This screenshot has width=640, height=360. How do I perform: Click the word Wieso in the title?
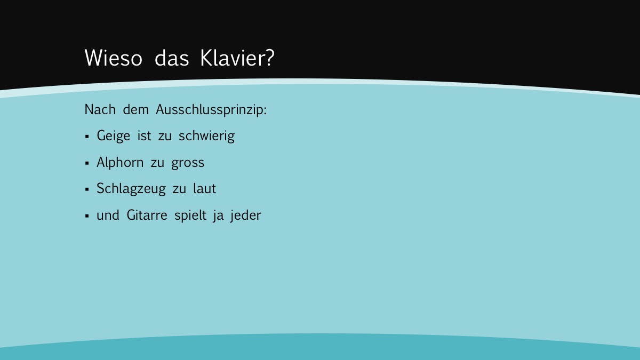(114, 58)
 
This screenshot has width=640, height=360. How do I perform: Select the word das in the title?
(172, 58)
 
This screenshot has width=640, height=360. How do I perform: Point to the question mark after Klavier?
(270, 58)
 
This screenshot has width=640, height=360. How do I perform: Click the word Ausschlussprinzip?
(211, 110)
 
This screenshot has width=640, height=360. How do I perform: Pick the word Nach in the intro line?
(100, 109)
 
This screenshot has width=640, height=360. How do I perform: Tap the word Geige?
(114, 136)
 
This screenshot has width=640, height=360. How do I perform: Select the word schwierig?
(206, 136)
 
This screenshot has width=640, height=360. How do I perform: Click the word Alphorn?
(120, 163)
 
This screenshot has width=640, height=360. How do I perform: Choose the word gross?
(188, 163)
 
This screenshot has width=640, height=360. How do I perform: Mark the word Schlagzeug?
(131, 189)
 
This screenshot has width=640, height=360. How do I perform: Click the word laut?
(205, 189)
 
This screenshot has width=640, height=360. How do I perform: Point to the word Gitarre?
(147, 215)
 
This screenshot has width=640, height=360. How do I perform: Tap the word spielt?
(190, 215)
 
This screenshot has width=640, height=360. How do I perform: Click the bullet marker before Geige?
(87, 137)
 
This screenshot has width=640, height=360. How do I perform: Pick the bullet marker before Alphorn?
(87, 163)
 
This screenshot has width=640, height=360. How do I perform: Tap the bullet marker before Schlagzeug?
(87, 189)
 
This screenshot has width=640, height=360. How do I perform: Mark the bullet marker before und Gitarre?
(87, 215)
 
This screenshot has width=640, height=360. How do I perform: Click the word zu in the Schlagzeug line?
(179, 190)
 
